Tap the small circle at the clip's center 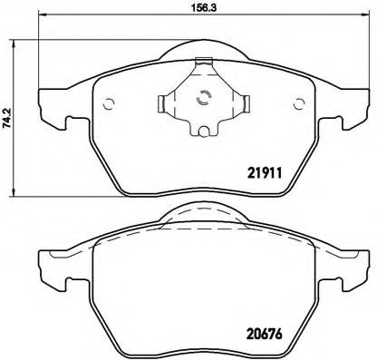204,101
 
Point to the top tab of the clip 204,63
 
